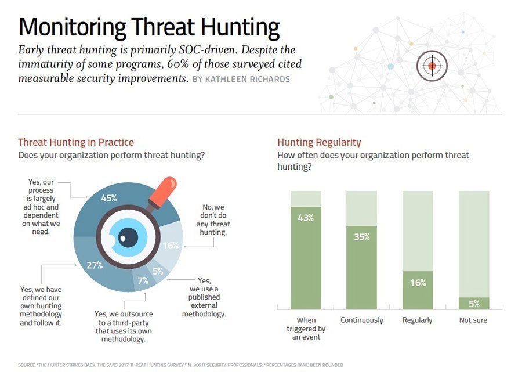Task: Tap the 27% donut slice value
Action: coord(95,265)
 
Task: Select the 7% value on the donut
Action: coord(143,280)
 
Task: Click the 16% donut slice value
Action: coord(169,246)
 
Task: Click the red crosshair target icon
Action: coord(432,66)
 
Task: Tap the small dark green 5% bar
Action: coord(474,303)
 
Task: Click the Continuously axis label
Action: coord(362,320)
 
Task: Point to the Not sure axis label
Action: coord(473,320)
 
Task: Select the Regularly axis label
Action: coord(418,320)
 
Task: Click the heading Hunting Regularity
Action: coord(319,142)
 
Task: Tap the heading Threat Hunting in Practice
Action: coord(76,142)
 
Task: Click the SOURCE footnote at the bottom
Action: coord(180,365)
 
